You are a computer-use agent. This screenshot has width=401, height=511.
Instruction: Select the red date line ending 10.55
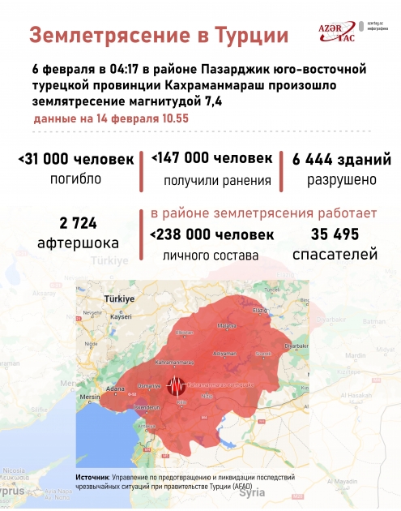[111, 118]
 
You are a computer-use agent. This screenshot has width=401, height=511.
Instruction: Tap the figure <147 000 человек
[210, 159]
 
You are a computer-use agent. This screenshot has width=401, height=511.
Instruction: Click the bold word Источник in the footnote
[92, 477]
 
